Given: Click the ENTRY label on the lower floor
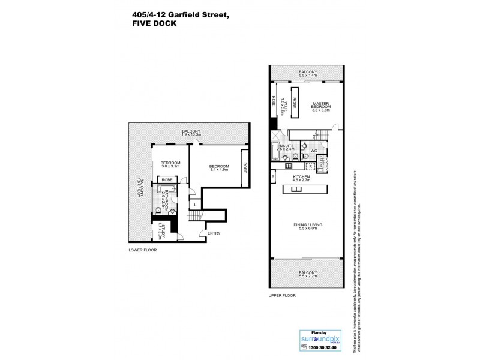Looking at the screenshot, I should [x=212, y=233].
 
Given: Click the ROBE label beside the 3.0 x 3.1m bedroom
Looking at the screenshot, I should [x=168, y=179].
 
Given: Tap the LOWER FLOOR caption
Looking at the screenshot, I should [x=142, y=249].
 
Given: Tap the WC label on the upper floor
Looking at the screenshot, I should [x=313, y=151].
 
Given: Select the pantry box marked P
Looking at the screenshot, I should [x=273, y=177].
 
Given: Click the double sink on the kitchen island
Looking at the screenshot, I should [x=296, y=190].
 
